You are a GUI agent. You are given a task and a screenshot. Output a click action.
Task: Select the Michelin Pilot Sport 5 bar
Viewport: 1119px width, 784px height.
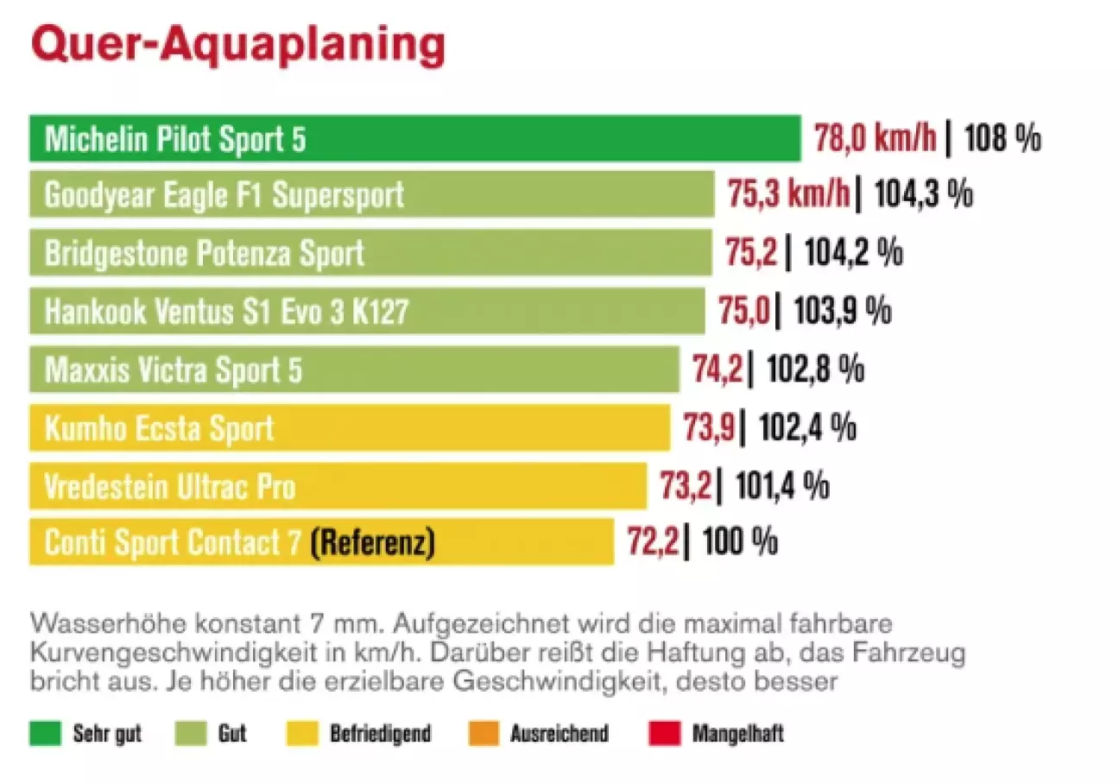tap(414, 139)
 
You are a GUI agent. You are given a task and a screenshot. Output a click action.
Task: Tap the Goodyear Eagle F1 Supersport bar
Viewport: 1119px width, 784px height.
tap(371, 195)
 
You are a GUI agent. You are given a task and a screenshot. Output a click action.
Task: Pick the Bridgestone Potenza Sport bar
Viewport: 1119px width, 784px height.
tap(370, 252)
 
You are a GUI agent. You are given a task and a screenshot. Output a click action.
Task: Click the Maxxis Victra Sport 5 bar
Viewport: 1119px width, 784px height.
tap(354, 369)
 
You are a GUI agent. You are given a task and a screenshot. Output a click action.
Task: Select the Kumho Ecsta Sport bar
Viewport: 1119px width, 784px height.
tap(349, 427)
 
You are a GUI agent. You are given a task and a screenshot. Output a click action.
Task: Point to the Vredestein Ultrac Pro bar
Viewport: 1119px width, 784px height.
tap(337, 485)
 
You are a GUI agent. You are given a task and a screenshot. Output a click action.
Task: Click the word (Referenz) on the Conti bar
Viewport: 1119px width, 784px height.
tap(372, 542)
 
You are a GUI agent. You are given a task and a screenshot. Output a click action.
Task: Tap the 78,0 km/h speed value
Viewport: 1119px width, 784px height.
tap(876, 139)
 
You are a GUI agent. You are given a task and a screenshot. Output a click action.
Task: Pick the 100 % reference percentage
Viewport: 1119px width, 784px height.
tap(739, 542)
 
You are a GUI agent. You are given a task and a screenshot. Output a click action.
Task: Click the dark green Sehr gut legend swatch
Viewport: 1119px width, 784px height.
tap(45, 734)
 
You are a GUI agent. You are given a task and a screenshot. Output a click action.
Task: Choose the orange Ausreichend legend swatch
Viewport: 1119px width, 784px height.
tap(483, 734)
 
